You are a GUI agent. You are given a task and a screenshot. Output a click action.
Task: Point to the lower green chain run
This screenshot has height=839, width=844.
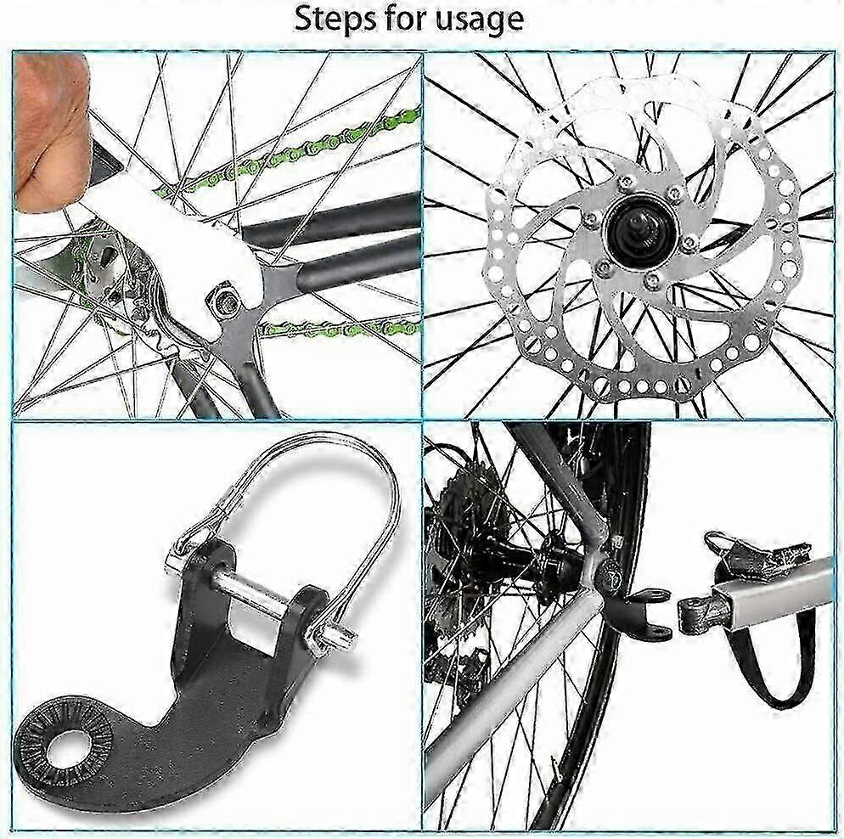pos(339,327)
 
